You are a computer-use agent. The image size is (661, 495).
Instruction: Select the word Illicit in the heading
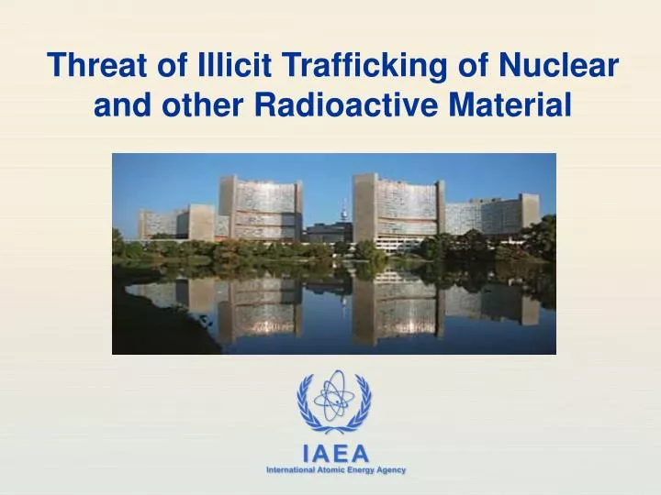pos(222,67)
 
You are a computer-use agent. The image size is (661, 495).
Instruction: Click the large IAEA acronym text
pos(335,454)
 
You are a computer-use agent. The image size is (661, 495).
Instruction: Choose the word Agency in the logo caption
pos(391,470)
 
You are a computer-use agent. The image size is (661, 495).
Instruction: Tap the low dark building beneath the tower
pos(328,234)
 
